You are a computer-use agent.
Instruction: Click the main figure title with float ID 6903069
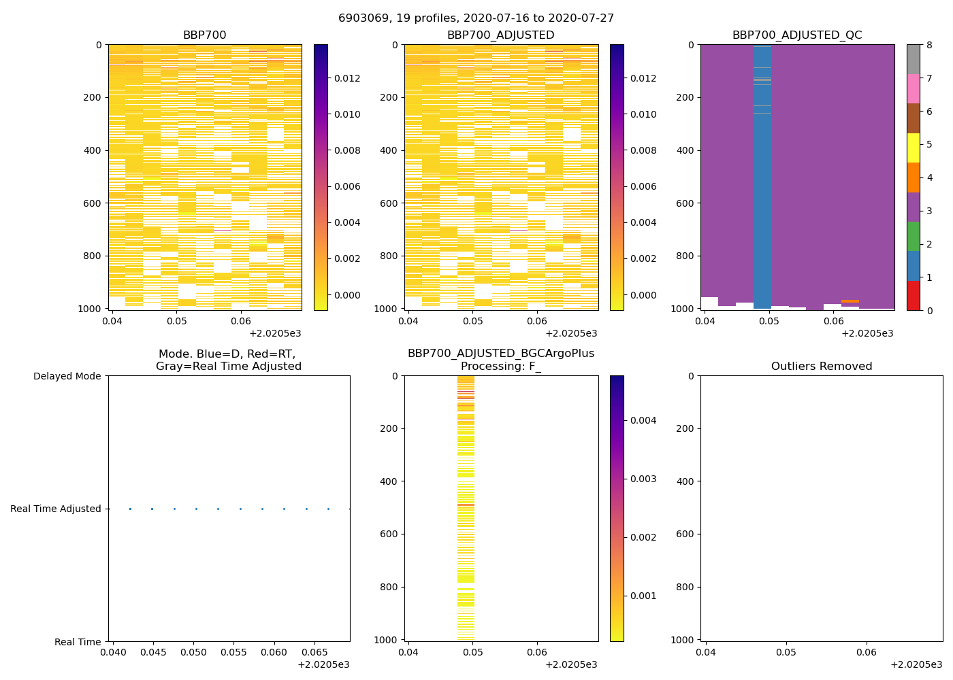click(476, 18)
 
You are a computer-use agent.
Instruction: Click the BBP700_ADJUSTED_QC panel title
click(796, 35)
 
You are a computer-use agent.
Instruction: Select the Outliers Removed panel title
click(821, 367)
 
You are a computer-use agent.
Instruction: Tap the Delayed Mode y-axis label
click(67, 376)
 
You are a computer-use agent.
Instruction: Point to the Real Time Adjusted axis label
click(55, 509)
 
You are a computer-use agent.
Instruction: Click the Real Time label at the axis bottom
click(78, 642)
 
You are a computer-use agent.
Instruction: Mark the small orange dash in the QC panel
click(850, 301)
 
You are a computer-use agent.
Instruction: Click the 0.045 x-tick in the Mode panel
click(153, 653)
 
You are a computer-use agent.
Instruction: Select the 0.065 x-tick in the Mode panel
click(315, 653)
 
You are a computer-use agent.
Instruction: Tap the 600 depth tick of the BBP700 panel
click(93, 203)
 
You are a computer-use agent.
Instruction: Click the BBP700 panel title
click(204, 35)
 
